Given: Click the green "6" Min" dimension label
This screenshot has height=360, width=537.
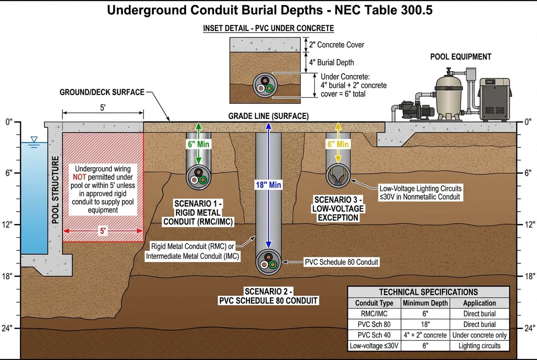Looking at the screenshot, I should tap(198, 144).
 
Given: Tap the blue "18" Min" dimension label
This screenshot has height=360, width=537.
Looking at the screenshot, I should tap(268, 185).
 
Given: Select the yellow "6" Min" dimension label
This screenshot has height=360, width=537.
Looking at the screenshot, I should tap(338, 144).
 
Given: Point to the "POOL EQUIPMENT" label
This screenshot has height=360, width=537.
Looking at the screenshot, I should tap(461, 57).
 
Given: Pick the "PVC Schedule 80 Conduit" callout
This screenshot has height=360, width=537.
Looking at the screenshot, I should tap(341, 262).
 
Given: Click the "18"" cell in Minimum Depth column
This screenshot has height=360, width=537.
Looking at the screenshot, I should tap(425, 324).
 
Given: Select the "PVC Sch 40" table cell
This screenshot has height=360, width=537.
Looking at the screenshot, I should tap(374, 335).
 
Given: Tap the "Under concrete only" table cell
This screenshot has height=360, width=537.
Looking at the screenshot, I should tap(479, 335).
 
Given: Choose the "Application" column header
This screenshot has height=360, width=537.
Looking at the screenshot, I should tap(479, 303).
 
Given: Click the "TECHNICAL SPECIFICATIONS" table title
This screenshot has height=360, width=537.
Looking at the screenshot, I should tap(428, 292).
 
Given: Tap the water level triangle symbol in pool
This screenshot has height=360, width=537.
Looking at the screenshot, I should tap(34, 139).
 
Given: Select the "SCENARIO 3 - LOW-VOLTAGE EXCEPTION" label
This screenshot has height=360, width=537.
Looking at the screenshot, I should tap(338, 208).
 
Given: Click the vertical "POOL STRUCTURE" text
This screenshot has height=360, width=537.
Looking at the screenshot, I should tap(55, 189).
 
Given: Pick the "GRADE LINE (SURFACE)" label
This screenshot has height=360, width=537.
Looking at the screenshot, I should tap(268, 116).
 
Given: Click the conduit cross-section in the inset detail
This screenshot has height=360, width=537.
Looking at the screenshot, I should tap(266, 85).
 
